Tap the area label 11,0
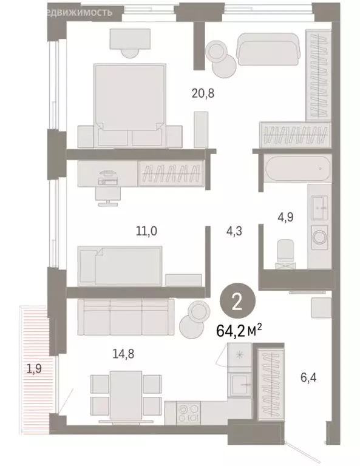pos(146,231)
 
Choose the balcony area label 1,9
pos(33,367)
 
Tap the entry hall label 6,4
pos(308,378)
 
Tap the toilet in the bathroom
pos(284,254)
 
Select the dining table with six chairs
pos(126,394)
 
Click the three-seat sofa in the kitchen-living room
pos(126,317)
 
